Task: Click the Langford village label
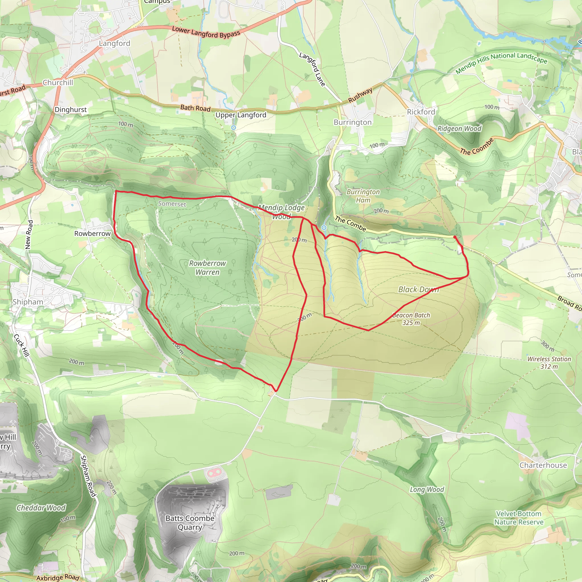click(x=115, y=43)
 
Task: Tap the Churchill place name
click(x=58, y=82)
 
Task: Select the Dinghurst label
click(x=70, y=110)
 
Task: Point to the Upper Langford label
click(x=241, y=115)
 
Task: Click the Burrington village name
click(x=352, y=122)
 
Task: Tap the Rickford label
click(x=421, y=112)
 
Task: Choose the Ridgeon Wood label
click(x=459, y=129)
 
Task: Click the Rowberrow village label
click(x=92, y=234)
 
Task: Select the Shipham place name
click(x=28, y=302)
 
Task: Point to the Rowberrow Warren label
click(x=207, y=267)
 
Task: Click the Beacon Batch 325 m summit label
click(x=411, y=319)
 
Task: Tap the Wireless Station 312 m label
click(x=549, y=363)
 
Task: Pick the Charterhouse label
click(x=543, y=465)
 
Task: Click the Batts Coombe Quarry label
click(x=190, y=523)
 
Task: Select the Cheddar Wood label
click(x=41, y=508)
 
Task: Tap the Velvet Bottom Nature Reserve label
click(x=519, y=518)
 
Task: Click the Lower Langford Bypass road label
click(x=206, y=32)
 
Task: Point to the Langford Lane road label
click(x=312, y=69)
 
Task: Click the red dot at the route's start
click(x=455, y=237)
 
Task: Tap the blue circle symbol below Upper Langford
click(x=234, y=128)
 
